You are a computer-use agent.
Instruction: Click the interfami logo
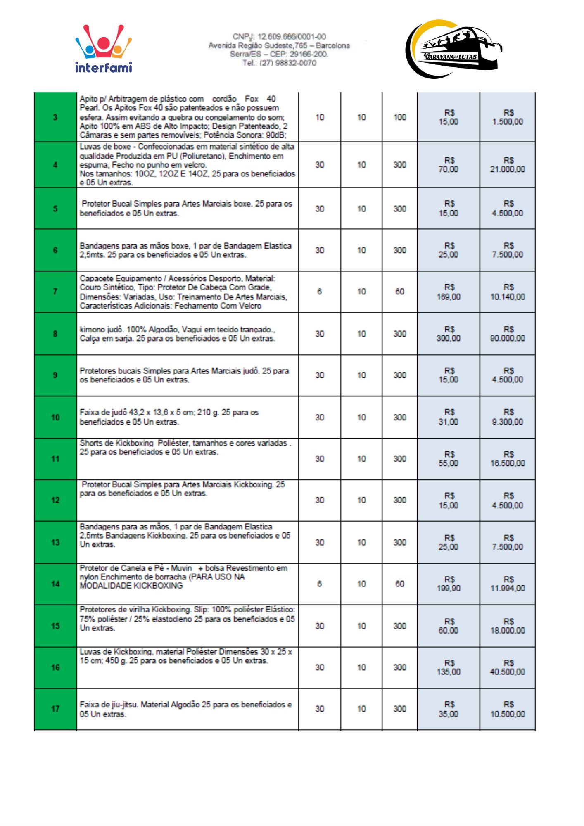tap(103, 49)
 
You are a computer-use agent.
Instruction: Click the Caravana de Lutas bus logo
tap(453, 49)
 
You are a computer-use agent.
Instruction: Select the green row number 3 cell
tap(55, 117)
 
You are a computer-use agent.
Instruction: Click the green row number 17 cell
tap(55, 709)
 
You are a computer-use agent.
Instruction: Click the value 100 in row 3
tap(399, 117)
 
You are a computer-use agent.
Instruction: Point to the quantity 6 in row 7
tap(319, 292)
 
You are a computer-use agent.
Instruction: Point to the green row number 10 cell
tap(55, 418)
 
